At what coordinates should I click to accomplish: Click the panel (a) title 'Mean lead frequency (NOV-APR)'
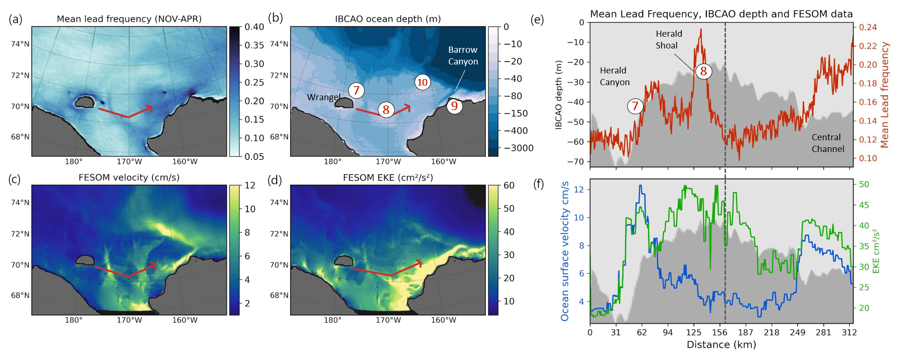coord(129,19)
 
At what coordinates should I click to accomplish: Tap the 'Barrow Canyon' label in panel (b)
coord(462,56)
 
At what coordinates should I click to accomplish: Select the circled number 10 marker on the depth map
coord(423,82)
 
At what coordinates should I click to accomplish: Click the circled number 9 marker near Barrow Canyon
coord(454,106)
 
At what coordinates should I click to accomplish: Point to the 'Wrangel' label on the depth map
coord(323,97)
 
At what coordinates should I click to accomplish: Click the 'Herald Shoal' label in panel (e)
coord(668,40)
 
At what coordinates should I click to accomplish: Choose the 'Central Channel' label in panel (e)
coord(828,143)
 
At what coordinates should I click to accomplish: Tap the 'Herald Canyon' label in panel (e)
coord(614,76)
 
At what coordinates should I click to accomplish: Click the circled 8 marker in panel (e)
coord(703,71)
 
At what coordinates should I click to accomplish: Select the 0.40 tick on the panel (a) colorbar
coord(254,27)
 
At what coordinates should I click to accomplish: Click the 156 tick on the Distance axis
coord(719,332)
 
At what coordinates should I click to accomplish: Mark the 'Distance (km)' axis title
coord(721,345)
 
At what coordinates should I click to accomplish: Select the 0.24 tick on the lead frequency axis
coord(868,27)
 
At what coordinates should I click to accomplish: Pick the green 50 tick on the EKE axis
coord(864,184)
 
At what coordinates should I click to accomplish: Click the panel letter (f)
coord(538,184)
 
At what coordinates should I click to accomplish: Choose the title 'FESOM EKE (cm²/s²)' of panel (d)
coord(388,177)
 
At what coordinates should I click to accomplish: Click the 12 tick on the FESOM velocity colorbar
coord(250,185)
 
